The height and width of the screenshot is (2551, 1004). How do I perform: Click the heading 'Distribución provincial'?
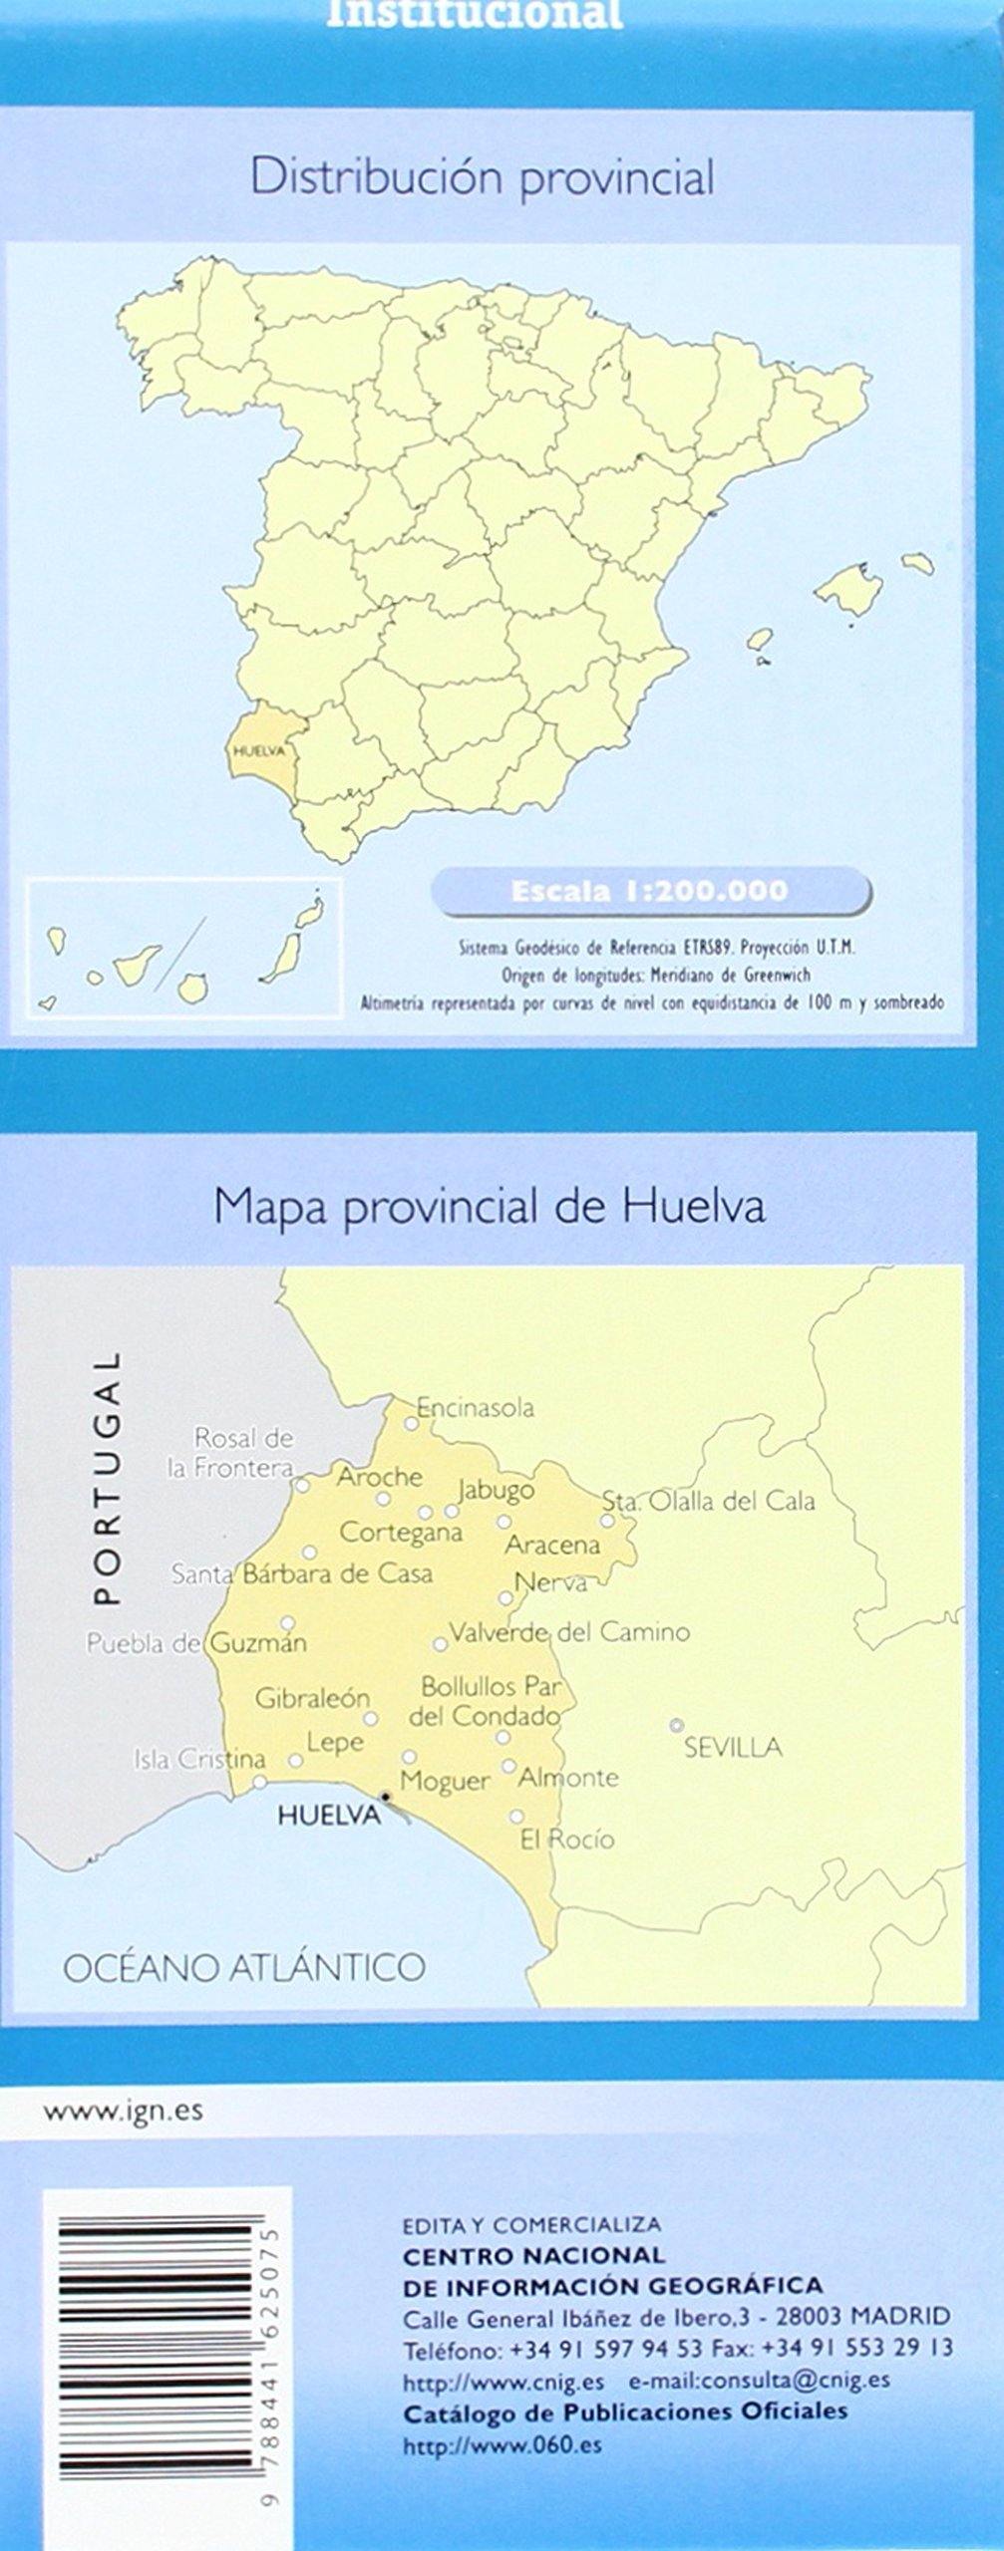point(483,179)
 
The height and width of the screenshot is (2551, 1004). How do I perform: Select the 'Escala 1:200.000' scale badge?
point(649,890)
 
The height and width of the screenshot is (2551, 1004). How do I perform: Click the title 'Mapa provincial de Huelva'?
point(490,1207)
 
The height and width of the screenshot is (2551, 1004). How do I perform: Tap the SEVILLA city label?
point(733,1747)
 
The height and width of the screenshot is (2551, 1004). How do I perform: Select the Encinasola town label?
point(476,1408)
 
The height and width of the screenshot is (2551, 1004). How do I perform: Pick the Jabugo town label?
point(496,1491)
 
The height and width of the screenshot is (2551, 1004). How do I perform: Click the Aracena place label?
point(552,1546)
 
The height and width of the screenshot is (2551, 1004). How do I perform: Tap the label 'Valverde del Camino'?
point(569,1632)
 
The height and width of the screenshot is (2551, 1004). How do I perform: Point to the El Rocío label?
point(567,1840)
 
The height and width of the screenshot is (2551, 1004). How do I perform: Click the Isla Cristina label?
point(199,1761)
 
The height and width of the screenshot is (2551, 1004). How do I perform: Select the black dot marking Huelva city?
point(386,1796)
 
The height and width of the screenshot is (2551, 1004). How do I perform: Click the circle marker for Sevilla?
point(677,1725)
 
